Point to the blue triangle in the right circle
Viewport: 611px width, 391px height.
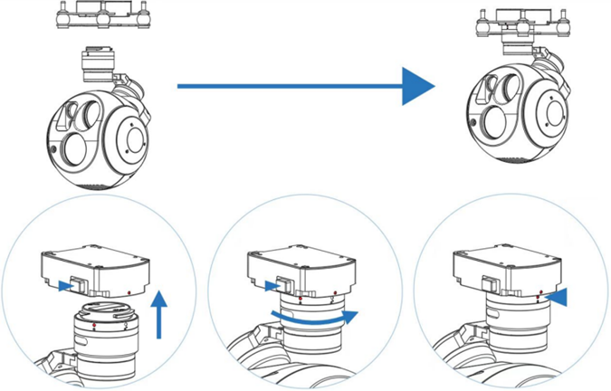[x=558, y=298]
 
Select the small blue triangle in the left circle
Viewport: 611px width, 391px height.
[x=62, y=287]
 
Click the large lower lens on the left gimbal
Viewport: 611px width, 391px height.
[x=75, y=148]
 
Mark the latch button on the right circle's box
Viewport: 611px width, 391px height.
[x=490, y=282]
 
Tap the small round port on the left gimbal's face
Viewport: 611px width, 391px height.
[x=55, y=147]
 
